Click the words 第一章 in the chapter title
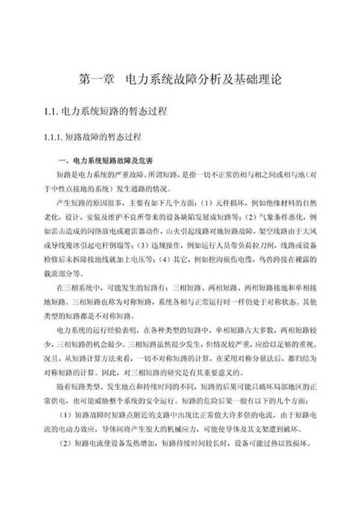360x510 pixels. point(96,80)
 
